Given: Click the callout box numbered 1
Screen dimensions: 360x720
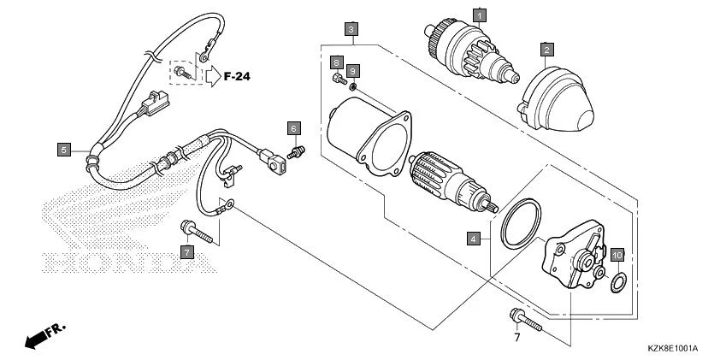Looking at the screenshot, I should click(480, 15).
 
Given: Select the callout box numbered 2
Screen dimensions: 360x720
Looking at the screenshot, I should click(546, 50).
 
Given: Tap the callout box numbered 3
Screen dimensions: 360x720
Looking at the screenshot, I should click(351, 29).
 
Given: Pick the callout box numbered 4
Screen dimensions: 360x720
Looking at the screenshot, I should click(473, 239).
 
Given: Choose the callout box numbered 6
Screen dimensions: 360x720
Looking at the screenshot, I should click(293, 128).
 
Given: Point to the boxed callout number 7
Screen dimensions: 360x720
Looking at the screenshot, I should click(186, 251).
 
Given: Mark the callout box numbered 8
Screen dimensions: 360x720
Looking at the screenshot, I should click(337, 63).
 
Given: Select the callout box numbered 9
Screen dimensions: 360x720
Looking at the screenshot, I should click(353, 70).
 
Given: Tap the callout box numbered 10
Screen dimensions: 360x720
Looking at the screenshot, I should click(617, 255).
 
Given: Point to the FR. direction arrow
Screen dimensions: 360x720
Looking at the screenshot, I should click(45, 335).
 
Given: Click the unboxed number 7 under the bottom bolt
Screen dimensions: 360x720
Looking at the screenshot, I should click(516, 337).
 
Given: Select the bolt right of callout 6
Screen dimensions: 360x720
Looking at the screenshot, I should click(299, 150).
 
